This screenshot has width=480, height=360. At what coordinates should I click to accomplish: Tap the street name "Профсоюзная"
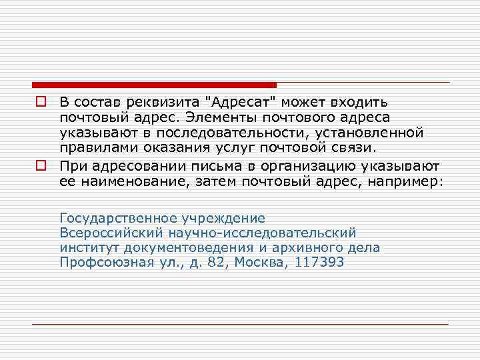tap(101, 263)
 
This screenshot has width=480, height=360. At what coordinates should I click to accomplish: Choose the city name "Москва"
tap(257, 263)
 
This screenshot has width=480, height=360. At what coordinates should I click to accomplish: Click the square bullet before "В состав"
tap(41, 103)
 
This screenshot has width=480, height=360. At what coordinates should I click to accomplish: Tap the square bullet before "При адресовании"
tap(41, 163)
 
